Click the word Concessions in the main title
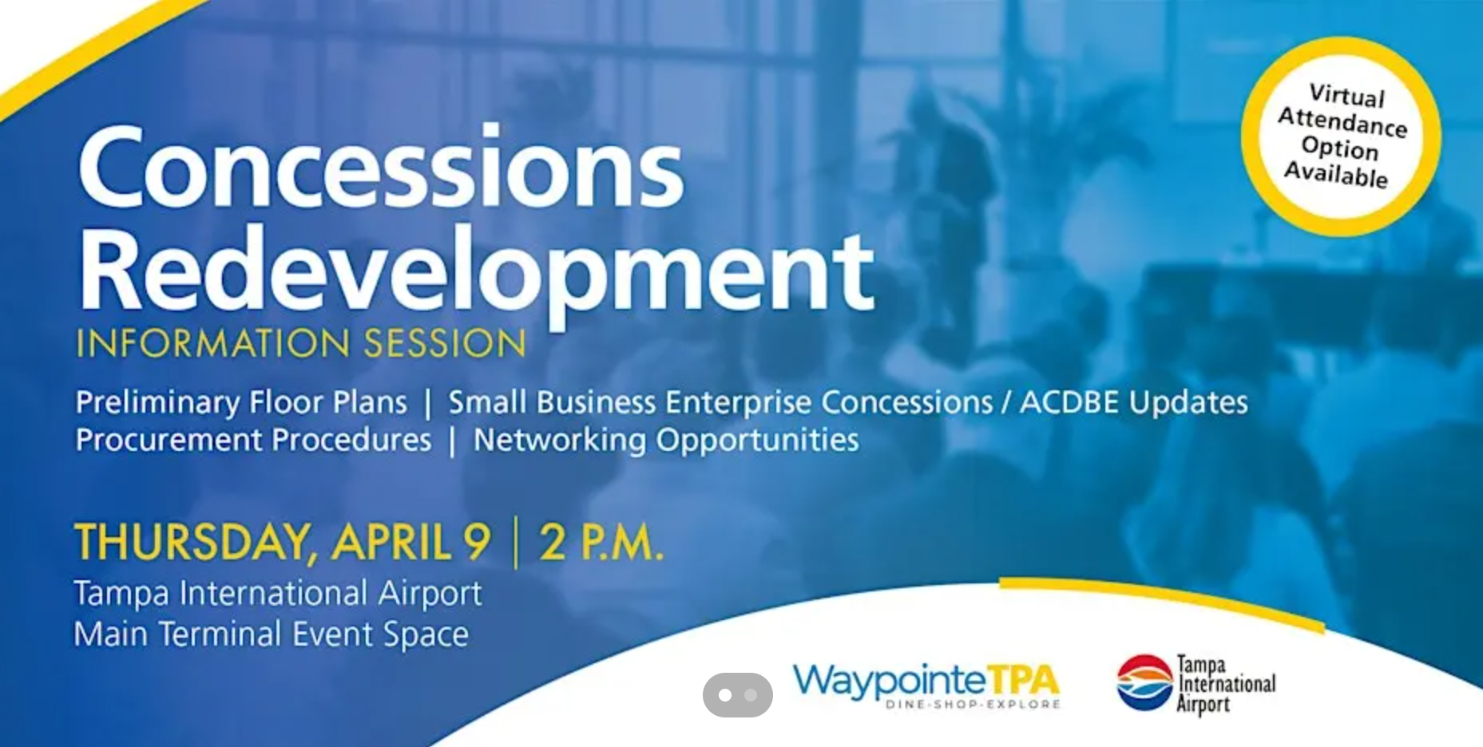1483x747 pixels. [x=381, y=168]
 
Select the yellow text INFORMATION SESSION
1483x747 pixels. [x=301, y=343]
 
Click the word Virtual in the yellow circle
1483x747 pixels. [x=1346, y=95]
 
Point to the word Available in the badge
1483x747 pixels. [x=1336, y=174]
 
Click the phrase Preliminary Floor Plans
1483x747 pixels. [x=241, y=402]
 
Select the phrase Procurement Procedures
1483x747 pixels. [x=253, y=440]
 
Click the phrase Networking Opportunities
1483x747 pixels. [x=666, y=441]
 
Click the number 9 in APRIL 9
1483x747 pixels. [x=476, y=542]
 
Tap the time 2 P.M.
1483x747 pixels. [x=601, y=542]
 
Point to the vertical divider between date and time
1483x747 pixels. [x=515, y=543]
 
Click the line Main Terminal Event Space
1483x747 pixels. [x=272, y=634]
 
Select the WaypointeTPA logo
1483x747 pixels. [x=926, y=686]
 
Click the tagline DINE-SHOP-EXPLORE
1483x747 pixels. [x=973, y=705]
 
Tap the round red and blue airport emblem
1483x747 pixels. [x=1144, y=682]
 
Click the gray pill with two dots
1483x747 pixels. [x=738, y=695]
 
